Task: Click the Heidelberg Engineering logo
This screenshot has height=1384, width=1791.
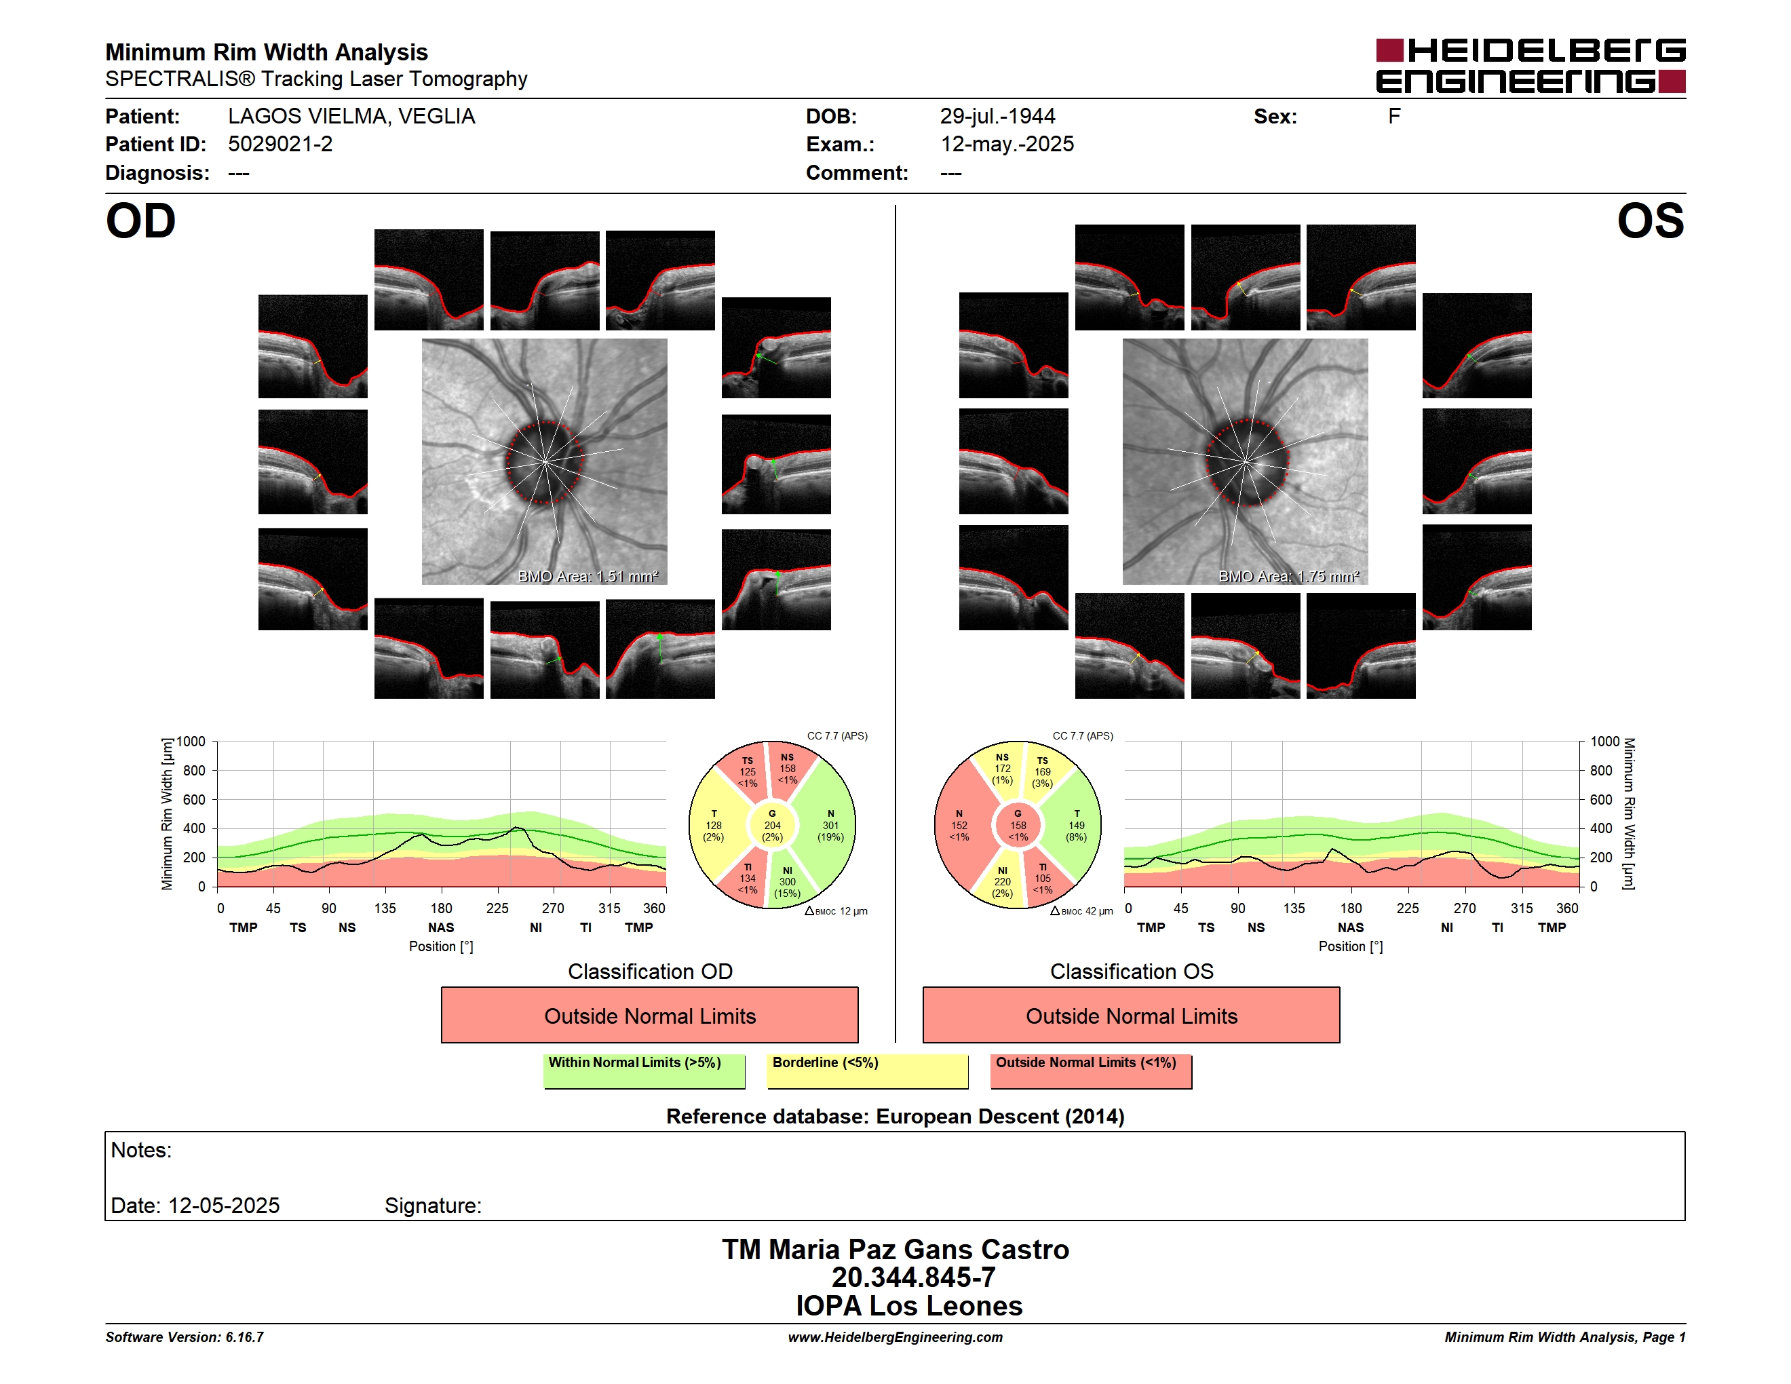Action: (1530, 66)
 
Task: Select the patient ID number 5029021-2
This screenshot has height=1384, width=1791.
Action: (280, 145)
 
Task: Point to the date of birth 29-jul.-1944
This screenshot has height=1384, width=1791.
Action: (997, 117)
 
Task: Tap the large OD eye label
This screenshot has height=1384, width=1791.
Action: (141, 221)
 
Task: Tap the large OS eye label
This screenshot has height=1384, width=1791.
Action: (1650, 221)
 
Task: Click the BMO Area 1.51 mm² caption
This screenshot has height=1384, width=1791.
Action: (588, 577)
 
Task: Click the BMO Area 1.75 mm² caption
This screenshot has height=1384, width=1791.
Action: (1288, 577)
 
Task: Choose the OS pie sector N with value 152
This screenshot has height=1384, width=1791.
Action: (959, 826)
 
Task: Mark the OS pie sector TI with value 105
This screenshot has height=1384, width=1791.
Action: (1042, 878)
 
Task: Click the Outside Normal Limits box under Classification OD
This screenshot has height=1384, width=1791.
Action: (649, 1015)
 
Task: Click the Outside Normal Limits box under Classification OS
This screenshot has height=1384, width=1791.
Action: (1131, 1015)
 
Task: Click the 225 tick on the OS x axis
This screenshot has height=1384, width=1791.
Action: (1407, 908)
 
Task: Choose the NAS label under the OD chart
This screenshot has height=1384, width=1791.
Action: (440, 927)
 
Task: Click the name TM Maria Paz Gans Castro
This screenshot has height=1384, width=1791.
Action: (896, 1250)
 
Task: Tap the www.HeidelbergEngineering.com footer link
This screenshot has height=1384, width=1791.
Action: (895, 1337)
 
